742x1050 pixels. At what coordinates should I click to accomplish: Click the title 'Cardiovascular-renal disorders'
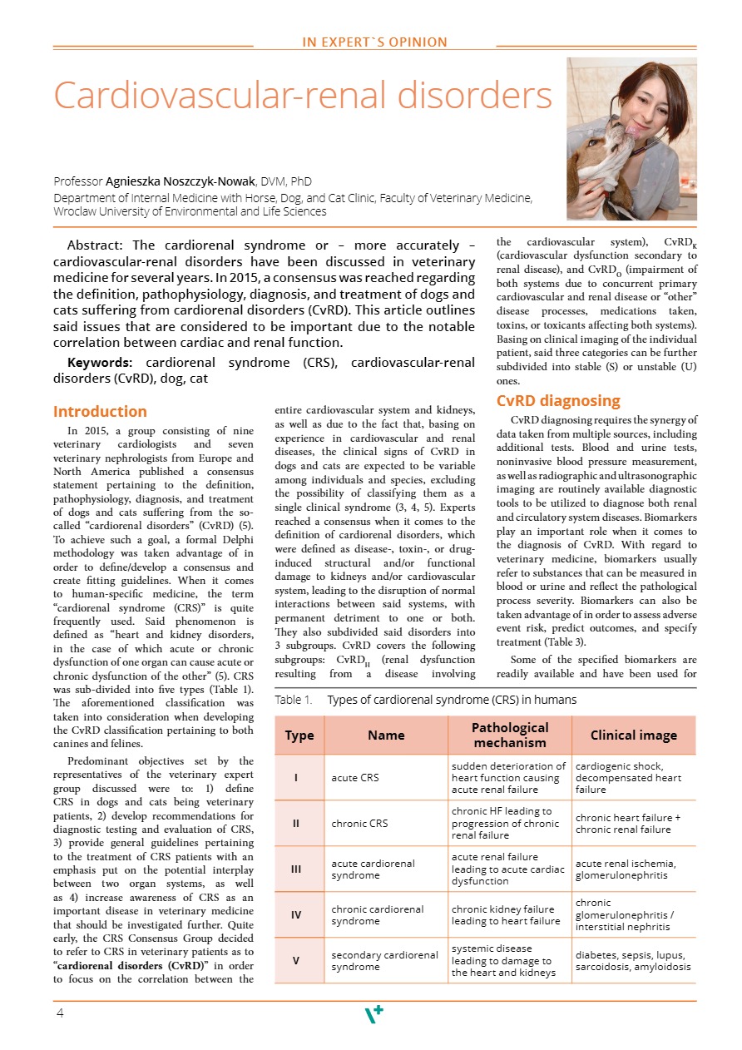(x=303, y=97)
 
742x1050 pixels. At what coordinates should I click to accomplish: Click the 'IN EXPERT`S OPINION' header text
(x=374, y=42)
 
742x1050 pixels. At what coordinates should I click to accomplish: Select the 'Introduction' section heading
(x=100, y=412)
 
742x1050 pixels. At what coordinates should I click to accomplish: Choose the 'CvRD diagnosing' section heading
(x=557, y=401)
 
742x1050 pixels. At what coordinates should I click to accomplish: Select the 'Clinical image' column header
(x=633, y=735)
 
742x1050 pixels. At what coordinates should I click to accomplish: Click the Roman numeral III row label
(x=296, y=869)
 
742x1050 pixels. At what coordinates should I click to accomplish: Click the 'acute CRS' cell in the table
(x=355, y=778)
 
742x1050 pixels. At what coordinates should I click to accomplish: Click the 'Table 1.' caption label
(x=293, y=701)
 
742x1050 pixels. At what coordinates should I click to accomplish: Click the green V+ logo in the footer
(x=374, y=1014)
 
